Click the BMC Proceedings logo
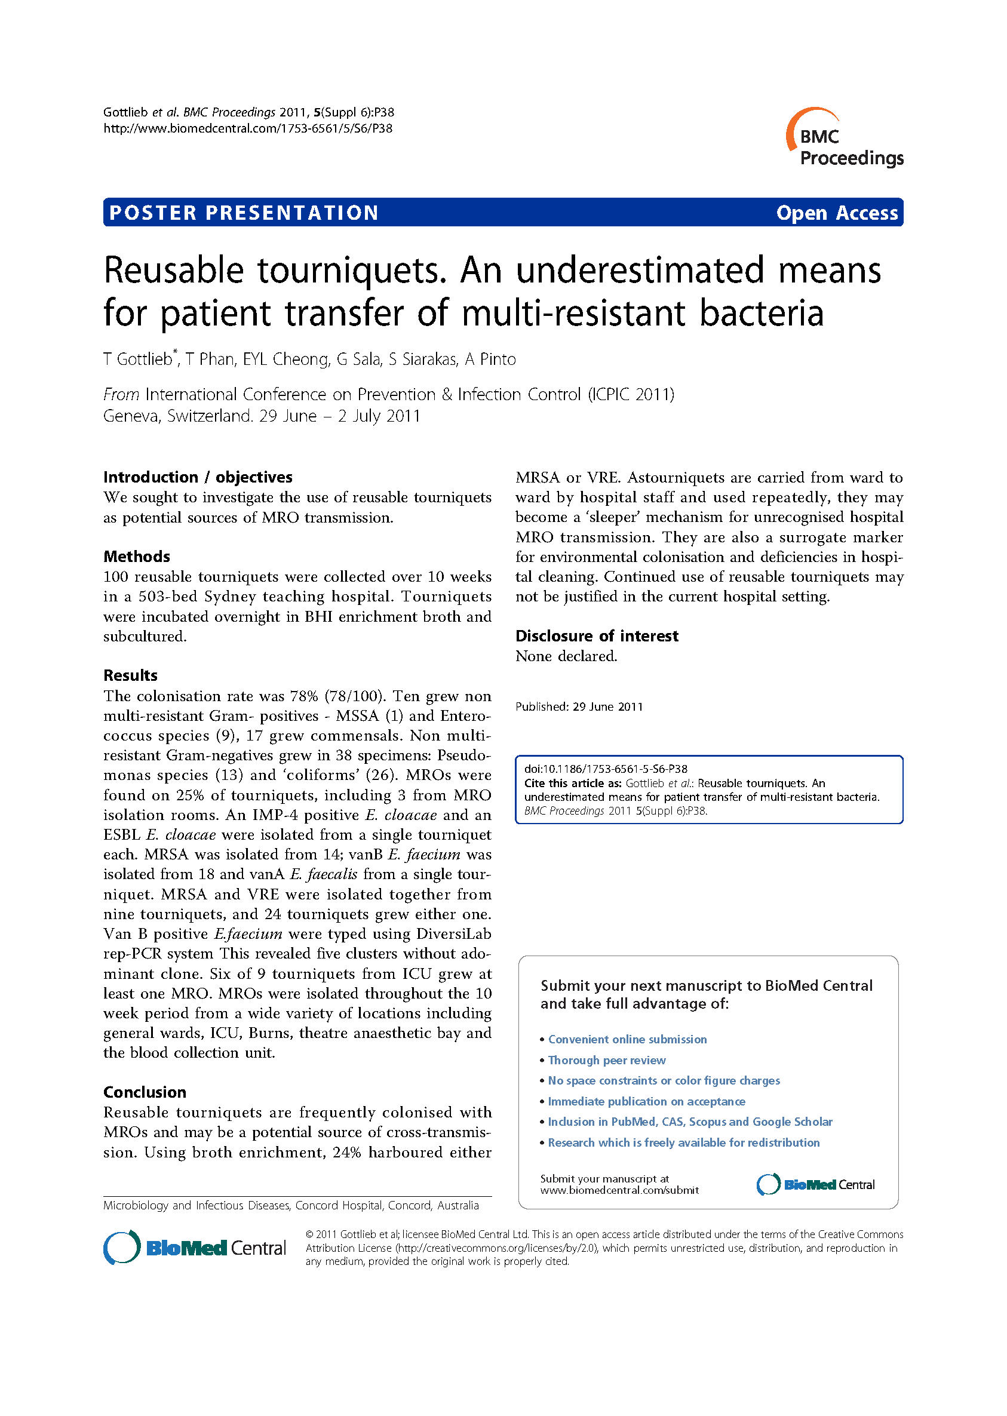[x=845, y=139]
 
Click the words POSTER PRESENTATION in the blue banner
[x=244, y=213]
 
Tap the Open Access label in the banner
[x=837, y=213]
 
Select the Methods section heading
[x=136, y=556]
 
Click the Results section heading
[x=130, y=675]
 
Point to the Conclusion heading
[x=145, y=1092]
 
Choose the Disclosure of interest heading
[x=597, y=635]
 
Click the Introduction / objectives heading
[x=197, y=477]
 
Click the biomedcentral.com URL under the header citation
[x=247, y=128]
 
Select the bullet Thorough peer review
[x=606, y=1060]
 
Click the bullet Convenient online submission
[x=627, y=1039]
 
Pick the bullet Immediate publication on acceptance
[x=646, y=1101]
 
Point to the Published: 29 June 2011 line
[x=579, y=707]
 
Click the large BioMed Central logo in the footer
[x=194, y=1248]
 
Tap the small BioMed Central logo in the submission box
[x=815, y=1184]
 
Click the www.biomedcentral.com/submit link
[x=619, y=1190]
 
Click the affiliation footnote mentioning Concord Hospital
[x=291, y=1205]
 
